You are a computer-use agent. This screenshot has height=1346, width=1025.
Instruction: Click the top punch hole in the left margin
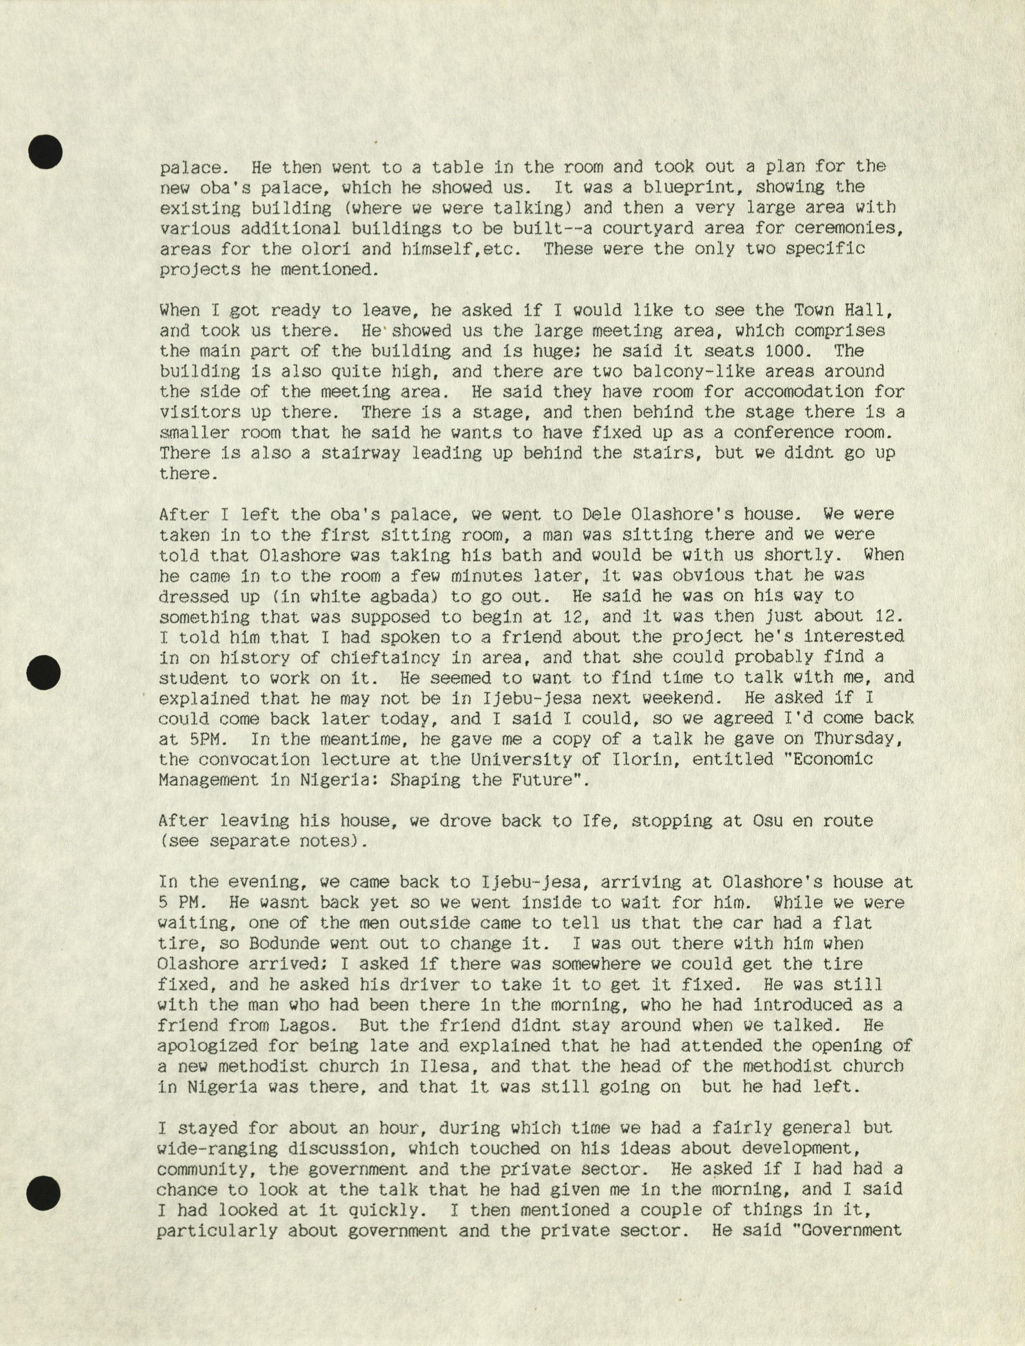click(x=46, y=152)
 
